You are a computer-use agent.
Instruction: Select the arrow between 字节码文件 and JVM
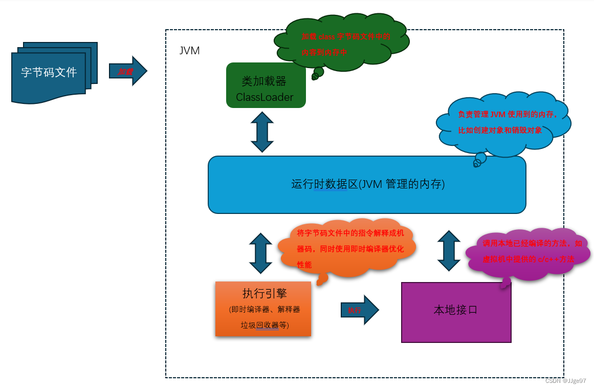(x=127, y=71)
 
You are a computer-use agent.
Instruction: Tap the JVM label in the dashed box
(x=189, y=51)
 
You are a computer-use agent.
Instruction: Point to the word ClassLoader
(x=265, y=97)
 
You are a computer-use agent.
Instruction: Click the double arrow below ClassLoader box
(x=262, y=132)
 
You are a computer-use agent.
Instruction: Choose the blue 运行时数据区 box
(x=367, y=184)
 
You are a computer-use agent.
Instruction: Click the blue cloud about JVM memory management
(x=504, y=123)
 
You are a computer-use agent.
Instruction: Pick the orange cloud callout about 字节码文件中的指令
(x=348, y=248)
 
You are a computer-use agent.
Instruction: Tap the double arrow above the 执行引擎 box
(x=261, y=253)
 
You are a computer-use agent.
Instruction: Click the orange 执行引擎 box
(x=263, y=309)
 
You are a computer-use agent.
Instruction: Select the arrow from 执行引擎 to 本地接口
(x=359, y=310)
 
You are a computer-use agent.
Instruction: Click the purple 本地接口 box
(x=456, y=312)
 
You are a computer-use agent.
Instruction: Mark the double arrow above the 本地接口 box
(x=449, y=251)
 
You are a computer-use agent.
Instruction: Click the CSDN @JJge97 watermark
(x=565, y=381)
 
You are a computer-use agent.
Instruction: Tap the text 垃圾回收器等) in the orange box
(x=265, y=325)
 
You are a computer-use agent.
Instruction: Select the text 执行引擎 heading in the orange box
(x=265, y=293)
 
